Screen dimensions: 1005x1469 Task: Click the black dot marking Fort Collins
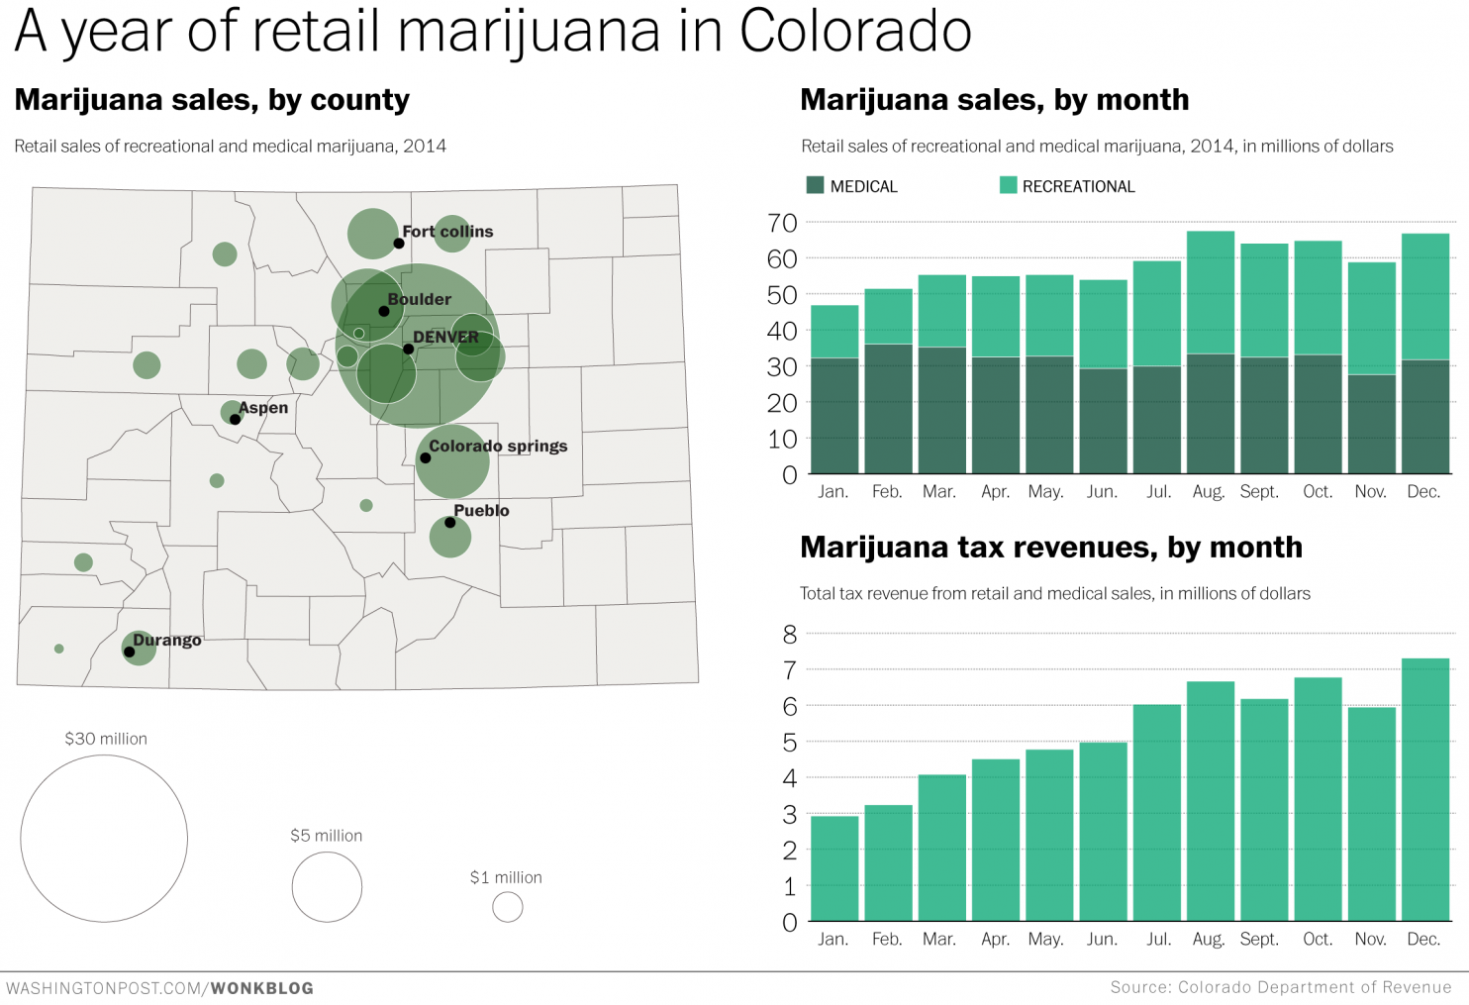click(399, 244)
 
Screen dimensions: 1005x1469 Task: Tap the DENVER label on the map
click(445, 337)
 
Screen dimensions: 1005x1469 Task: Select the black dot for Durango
click(130, 652)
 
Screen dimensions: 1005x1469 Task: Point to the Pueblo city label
click(481, 511)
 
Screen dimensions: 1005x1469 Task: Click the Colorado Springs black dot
click(426, 458)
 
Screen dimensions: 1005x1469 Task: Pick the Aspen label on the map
click(263, 408)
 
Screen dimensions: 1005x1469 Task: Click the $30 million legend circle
click(104, 839)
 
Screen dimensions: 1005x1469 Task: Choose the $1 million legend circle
click(508, 907)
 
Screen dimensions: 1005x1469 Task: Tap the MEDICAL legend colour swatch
click(816, 185)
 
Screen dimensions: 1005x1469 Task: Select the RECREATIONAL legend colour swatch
click(1008, 185)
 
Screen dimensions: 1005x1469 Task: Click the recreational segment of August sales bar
click(1211, 292)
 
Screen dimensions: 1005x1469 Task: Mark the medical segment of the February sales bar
click(888, 408)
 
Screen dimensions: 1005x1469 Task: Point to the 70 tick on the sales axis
click(782, 223)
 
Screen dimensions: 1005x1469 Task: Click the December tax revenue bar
click(1424, 789)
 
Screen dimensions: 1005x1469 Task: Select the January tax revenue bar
click(834, 868)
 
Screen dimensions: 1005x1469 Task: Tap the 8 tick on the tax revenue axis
click(789, 635)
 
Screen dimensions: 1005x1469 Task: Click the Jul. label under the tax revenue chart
click(1158, 939)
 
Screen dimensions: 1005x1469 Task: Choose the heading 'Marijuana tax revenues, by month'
click(1050, 548)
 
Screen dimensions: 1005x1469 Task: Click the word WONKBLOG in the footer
click(262, 988)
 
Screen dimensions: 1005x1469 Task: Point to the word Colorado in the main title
click(854, 32)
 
